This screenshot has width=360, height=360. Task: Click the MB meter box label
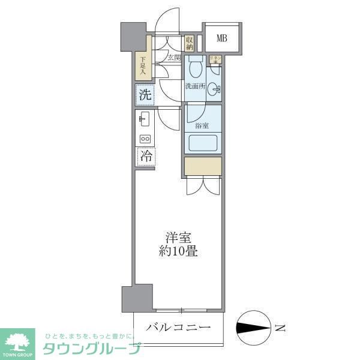221,40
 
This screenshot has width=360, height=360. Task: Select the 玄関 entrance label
174,58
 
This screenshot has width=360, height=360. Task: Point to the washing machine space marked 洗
145,94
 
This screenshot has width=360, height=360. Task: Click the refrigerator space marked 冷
145,156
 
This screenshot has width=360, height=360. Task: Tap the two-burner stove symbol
145,139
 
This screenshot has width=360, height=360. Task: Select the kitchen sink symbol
144,119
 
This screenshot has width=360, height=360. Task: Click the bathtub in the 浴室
203,144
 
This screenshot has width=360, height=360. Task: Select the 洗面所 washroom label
194,86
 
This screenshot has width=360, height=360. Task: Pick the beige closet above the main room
203,166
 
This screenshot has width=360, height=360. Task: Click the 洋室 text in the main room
178,237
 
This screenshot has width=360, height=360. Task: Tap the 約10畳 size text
178,251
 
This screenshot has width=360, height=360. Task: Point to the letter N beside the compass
280,328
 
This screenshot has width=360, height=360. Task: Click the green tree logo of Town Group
19,340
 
